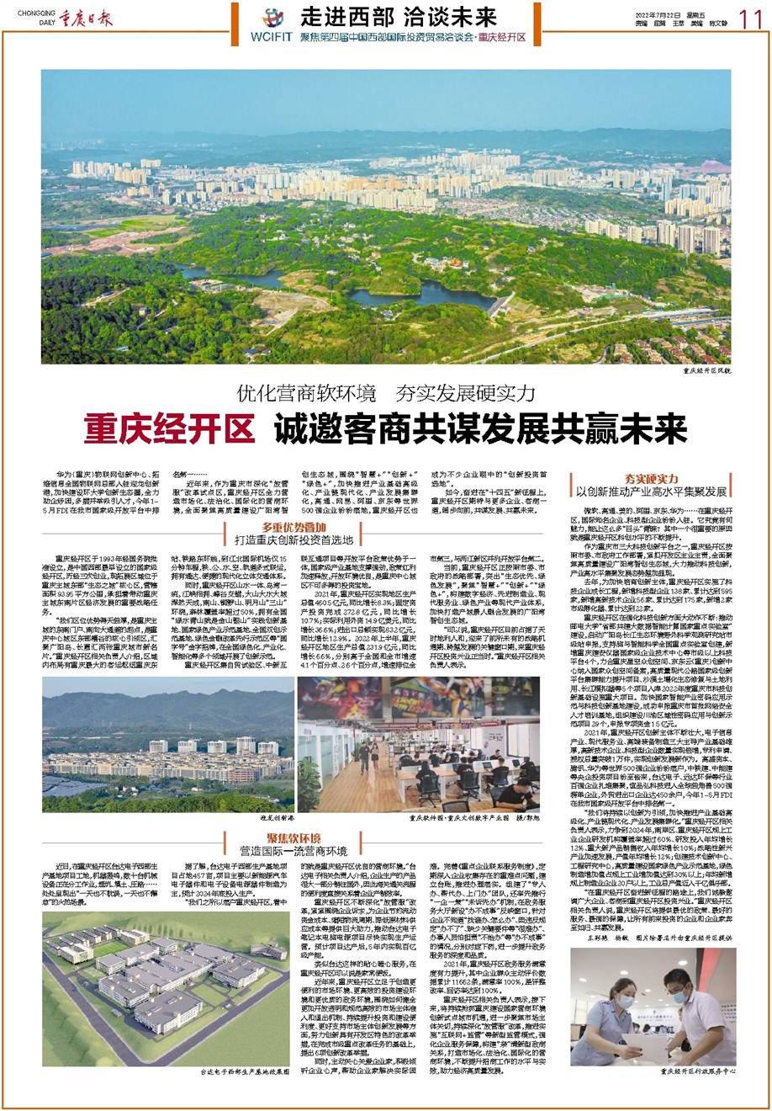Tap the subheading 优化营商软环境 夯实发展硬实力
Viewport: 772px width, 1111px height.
click(385, 392)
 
